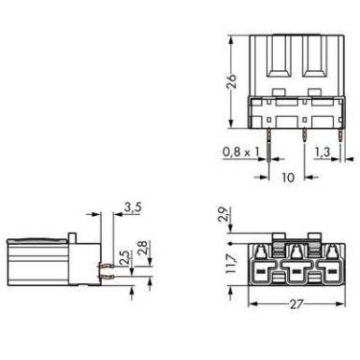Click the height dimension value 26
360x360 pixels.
231,81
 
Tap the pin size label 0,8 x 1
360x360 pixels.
240,152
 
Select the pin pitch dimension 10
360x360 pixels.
288,178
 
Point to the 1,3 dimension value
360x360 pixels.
322,152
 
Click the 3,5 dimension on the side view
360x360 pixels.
133,208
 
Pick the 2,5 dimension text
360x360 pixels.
127,257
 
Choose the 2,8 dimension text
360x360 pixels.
145,248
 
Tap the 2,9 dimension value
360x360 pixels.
223,214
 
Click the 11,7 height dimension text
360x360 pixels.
231,264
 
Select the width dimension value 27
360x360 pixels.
296,304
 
